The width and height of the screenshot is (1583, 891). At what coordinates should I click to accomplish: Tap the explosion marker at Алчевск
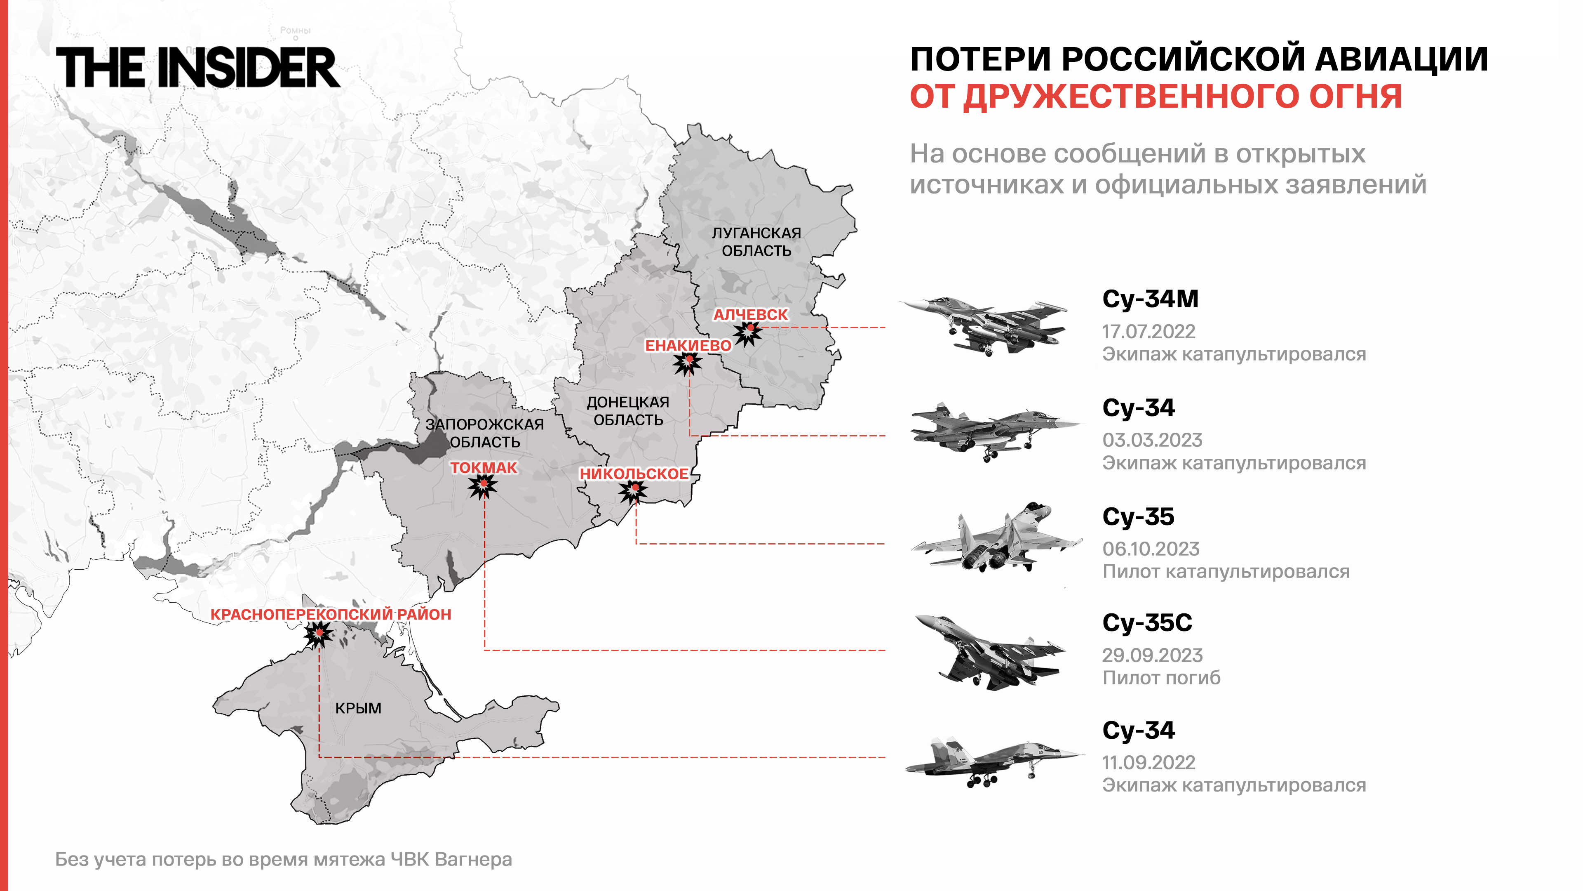pyautogui.click(x=749, y=332)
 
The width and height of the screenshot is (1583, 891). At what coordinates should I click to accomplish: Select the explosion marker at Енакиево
pyautogui.click(x=688, y=363)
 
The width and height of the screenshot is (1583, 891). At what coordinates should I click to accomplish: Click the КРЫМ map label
pyautogui.click(x=358, y=708)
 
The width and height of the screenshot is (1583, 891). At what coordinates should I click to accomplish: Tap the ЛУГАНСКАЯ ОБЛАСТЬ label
pyautogui.click(x=756, y=242)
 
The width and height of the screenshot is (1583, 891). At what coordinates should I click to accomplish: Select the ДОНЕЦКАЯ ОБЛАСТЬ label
pyautogui.click(x=628, y=411)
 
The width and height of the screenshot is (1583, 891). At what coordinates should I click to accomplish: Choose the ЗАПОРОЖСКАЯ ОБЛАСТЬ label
pyautogui.click(x=485, y=433)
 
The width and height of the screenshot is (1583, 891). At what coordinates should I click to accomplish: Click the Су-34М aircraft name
pyautogui.click(x=1150, y=299)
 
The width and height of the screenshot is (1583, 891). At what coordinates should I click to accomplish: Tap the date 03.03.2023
pyautogui.click(x=1152, y=440)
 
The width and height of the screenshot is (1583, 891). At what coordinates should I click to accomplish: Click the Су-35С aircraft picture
pyautogui.click(x=989, y=652)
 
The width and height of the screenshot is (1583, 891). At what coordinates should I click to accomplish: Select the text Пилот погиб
pyautogui.click(x=1161, y=678)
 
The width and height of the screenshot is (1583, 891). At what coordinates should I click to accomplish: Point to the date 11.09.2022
pyautogui.click(x=1148, y=762)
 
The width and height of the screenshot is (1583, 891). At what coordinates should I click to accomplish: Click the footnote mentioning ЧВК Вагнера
pyautogui.click(x=283, y=859)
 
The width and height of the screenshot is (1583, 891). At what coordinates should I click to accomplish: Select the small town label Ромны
pyautogui.click(x=295, y=30)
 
